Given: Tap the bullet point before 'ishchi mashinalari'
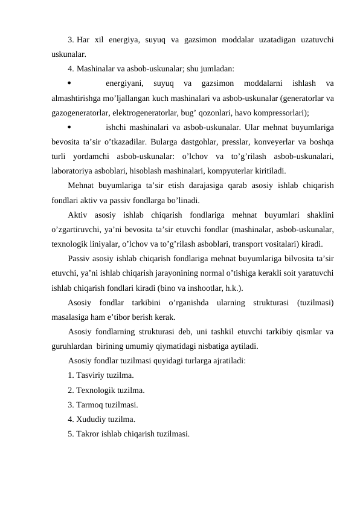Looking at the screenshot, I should pyautogui.click(x=70, y=127).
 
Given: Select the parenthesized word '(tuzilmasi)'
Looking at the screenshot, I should pyautogui.click(x=316, y=302).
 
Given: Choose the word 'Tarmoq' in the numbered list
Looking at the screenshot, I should pyautogui.click(x=89, y=404).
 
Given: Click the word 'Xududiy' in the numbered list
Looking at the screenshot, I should pyautogui.click(x=91, y=419).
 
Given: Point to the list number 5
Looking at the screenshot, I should pyautogui.click(x=71, y=433).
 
